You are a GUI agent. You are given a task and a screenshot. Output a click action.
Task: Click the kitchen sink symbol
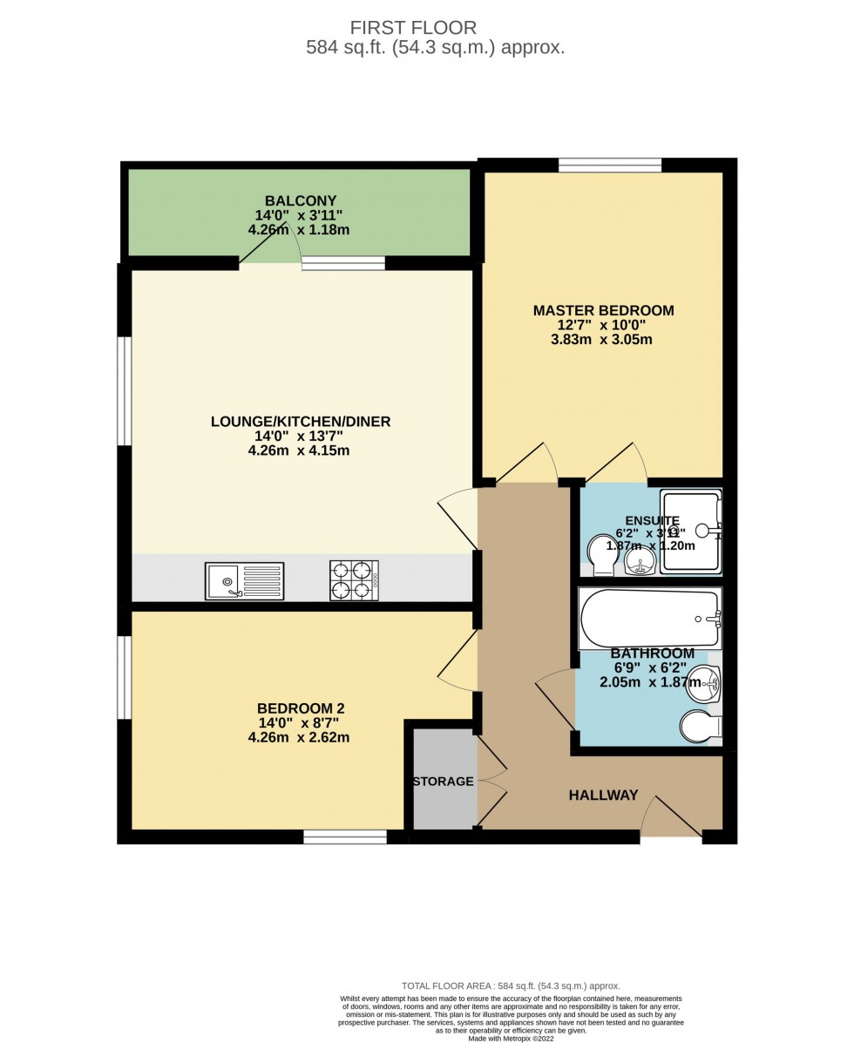(245, 581)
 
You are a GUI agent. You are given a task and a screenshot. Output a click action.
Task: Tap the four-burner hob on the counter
(354, 580)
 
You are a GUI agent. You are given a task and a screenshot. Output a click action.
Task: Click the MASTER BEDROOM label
(603, 310)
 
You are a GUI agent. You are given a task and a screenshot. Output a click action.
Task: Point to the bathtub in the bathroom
(650, 619)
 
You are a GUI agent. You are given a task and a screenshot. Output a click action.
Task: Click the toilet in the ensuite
(600, 554)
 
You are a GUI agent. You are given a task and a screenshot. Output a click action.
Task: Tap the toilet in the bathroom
(701, 726)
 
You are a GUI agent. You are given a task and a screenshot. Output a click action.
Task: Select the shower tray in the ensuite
(691, 531)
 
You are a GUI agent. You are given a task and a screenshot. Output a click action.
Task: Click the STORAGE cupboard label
(443, 782)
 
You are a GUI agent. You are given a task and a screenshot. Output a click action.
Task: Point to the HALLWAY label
(603, 796)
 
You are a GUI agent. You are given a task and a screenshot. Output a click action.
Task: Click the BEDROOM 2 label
(298, 708)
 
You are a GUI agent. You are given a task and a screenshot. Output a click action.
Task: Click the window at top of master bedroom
(609, 165)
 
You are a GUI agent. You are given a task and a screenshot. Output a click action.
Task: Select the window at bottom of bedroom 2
(345, 837)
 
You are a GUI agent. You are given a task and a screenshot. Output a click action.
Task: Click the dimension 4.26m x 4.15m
(298, 450)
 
